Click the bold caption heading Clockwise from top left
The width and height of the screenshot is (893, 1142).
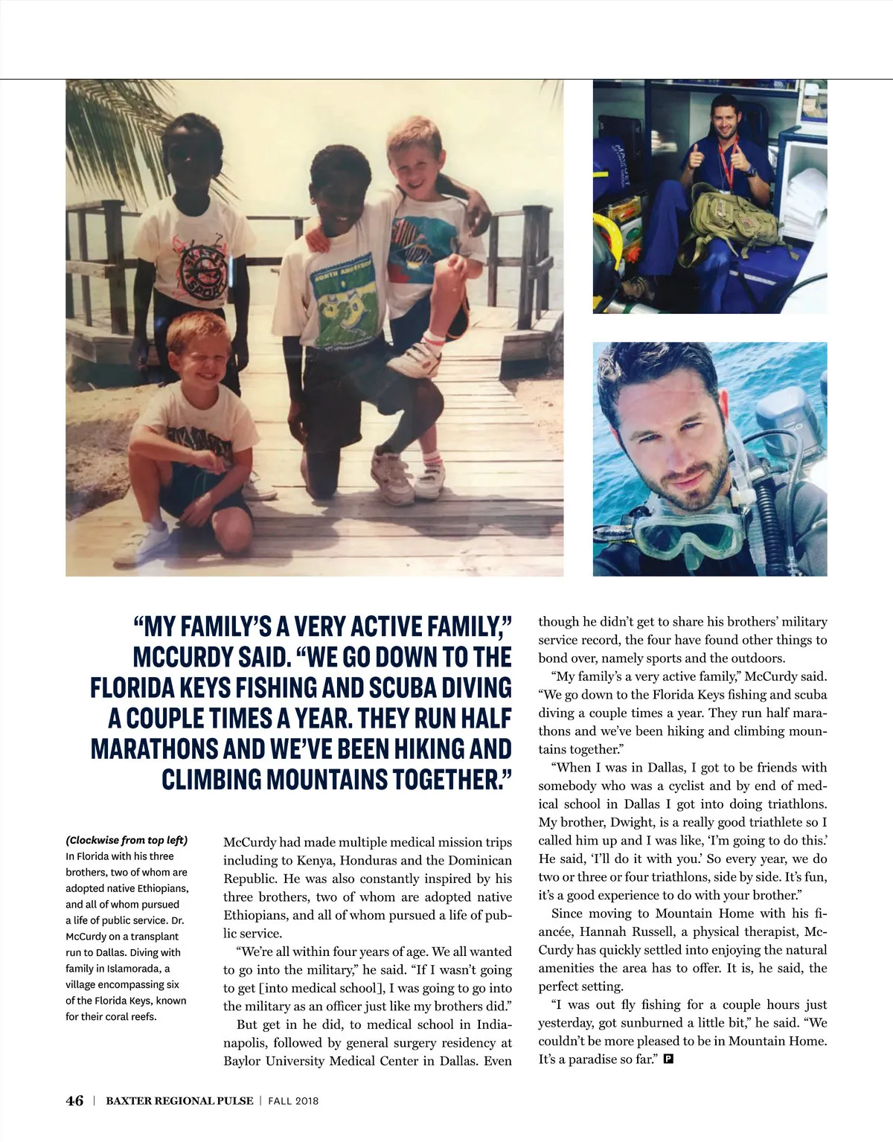coord(127,841)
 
